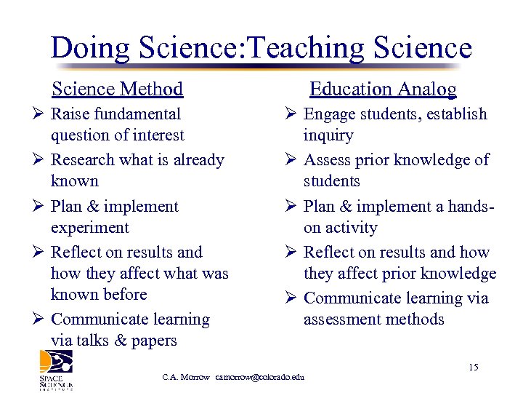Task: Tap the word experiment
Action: (x=90, y=228)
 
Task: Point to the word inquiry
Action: (x=328, y=135)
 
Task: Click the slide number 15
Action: (x=474, y=368)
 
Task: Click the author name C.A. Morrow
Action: (x=186, y=377)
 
